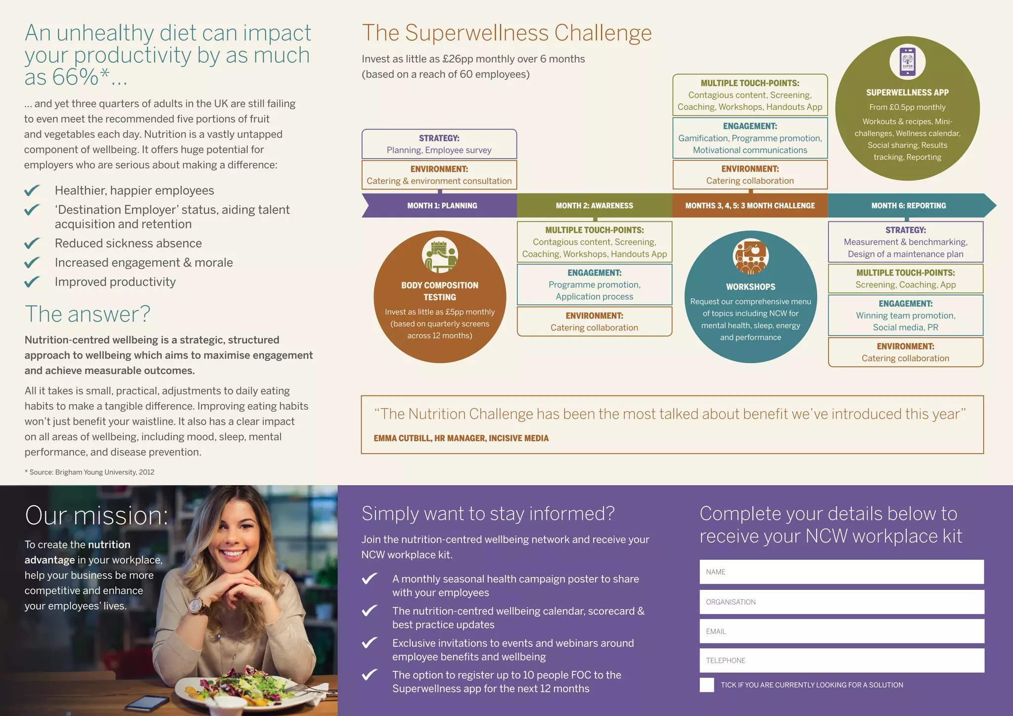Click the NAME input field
(841, 572)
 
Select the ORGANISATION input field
(841, 602)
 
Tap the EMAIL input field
(841, 631)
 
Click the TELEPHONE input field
(841, 661)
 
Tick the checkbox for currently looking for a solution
(707, 685)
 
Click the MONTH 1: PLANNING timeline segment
(442, 206)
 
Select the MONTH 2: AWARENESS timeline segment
(594, 206)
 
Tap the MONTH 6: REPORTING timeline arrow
(909, 206)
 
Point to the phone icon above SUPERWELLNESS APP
(907, 62)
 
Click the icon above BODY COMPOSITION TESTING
(440, 255)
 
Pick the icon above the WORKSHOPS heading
(750, 256)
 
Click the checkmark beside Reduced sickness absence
(32, 243)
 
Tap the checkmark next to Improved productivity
(32, 282)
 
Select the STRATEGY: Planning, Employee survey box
(439, 144)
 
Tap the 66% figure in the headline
(75, 77)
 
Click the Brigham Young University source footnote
(90, 472)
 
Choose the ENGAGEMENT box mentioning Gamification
(750, 138)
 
